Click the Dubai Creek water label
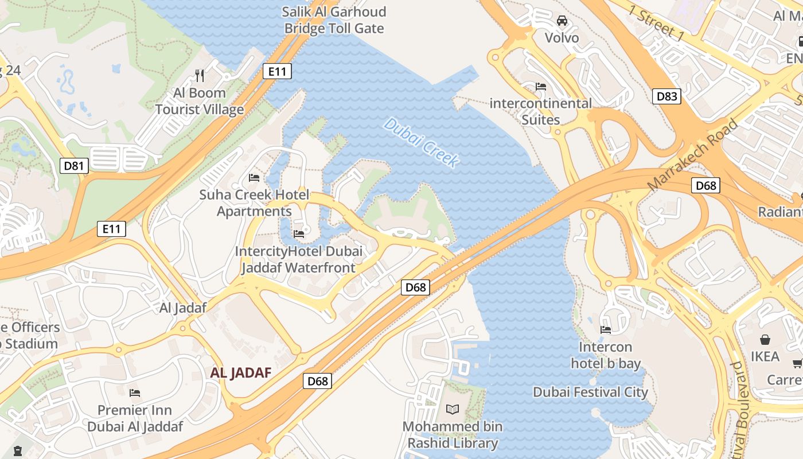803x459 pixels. pyautogui.click(x=422, y=143)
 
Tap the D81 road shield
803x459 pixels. pyautogui.click(x=74, y=166)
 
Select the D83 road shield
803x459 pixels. pyautogui.click(x=666, y=96)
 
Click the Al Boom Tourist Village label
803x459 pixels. pyautogui.click(x=200, y=101)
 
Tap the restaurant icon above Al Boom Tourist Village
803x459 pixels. pyautogui.click(x=200, y=75)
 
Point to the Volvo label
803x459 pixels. pyautogui.click(x=562, y=38)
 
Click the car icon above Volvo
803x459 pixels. pyautogui.click(x=562, y=21)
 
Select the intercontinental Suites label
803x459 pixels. pyautogui.click(x=540, y=111)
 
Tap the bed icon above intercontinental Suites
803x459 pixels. pyautogui.click(x=540, y=87)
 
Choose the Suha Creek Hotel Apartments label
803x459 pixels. pyautogui.click(x=254, y=203)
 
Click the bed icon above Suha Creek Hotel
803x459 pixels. pyautogui.click(x=254, y=177)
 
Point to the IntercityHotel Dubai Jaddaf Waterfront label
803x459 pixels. pyautogui.click(x=298, y=259)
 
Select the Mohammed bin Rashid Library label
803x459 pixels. pyautogui.click(x=453, y=435)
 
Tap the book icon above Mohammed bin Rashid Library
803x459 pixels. pyautogui.click(x=453, y=409)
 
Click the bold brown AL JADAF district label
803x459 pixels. pyautogui.click(x=240, y=373)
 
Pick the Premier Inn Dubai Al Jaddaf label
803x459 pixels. pyautogui.click(x=135, y=418)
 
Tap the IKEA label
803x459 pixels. pyautogui.click(x=765, y=356)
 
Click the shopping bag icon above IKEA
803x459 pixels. pyautogui.click(x=765, y=339)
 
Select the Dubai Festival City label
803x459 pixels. pyautogui.click(x=590, y=392)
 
